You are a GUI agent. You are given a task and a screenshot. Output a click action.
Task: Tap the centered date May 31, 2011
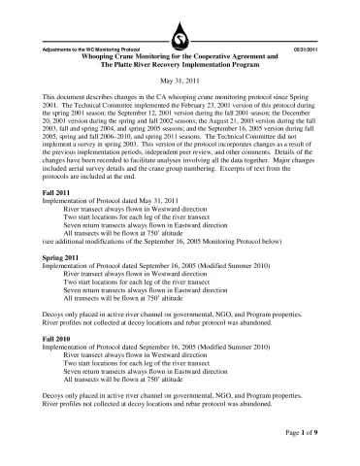pos(180,83)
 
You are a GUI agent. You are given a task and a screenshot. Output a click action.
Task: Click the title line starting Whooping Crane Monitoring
pos(180,57)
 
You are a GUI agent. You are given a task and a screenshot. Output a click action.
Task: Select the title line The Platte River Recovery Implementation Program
pos(180,66)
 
